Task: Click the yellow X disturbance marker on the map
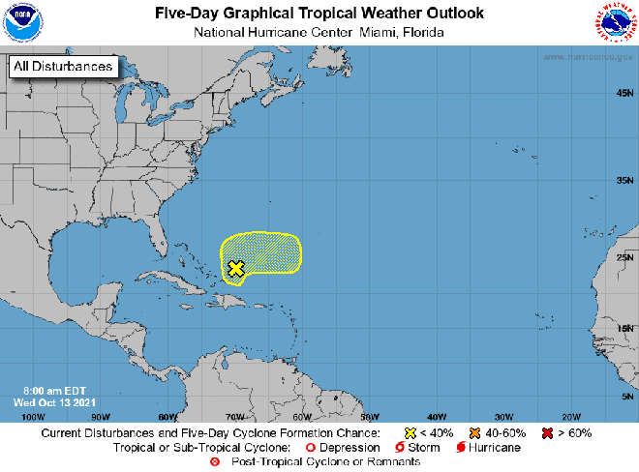point(235,268)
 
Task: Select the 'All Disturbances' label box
point(63,67)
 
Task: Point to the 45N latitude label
point(624,93)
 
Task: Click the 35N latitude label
point(624,180)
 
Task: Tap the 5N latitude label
point(626,397)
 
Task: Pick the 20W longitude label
point(570,416)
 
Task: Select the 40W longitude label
point(436,416)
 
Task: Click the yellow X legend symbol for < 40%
point(410,432)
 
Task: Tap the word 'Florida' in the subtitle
point(423,32)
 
